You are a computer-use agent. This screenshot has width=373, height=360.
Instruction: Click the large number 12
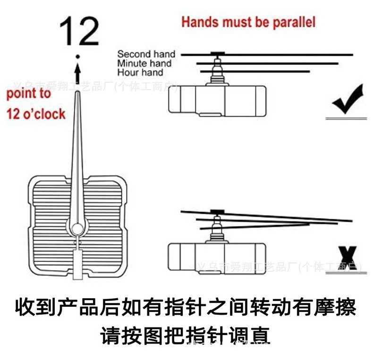pyautogui.click(x=79, y=32)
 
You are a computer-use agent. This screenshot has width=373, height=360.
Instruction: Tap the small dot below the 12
pyautogui.click(x=78, y=58)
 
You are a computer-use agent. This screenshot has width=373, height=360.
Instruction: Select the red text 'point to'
pyautogui.click(x=28, y=93)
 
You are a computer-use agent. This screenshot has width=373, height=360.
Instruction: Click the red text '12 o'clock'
pyautogui.click(x=35, y=114)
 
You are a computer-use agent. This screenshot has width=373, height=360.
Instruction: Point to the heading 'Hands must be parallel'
pyautogui.click(x=248, y=22)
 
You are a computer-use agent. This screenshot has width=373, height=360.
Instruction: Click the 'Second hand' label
pyautogui.click(x=146, y=54)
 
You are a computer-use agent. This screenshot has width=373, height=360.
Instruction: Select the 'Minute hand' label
pyautogui.click(x=144, y=63)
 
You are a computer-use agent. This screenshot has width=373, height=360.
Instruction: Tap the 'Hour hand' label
pyautogui.click(x=140, y=72)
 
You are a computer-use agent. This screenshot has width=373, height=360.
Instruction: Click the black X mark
pyautogui.click(x=348, y=259)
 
